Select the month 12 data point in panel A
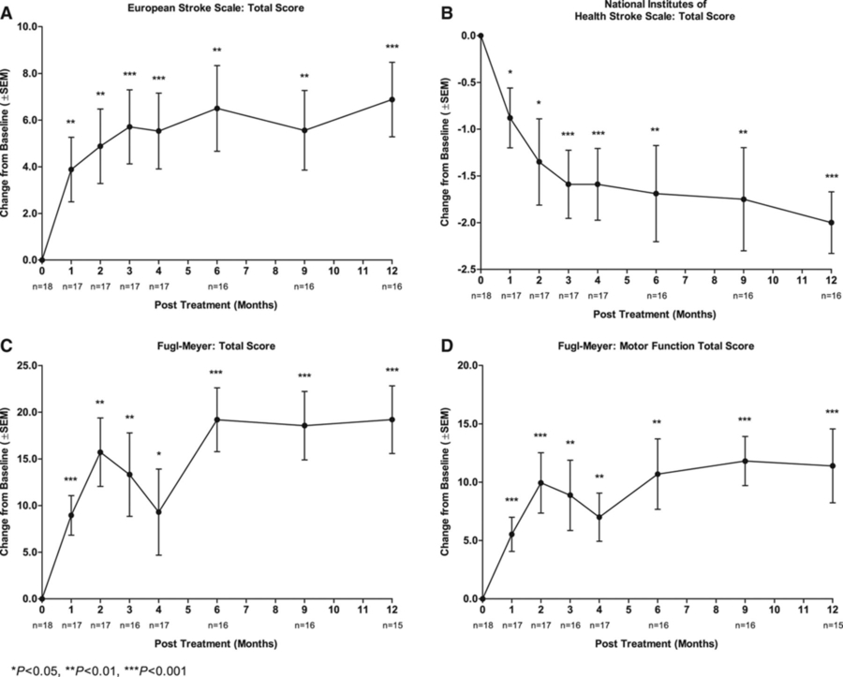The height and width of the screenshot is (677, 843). (392, 99)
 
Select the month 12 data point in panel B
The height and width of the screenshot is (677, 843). (832, 223)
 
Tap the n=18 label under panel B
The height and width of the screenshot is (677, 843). (480, 296)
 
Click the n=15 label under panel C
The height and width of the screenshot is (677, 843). (392, 623)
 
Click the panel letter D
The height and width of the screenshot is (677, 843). (447, 346)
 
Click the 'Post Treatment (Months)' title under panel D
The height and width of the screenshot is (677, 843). (656, 644)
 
